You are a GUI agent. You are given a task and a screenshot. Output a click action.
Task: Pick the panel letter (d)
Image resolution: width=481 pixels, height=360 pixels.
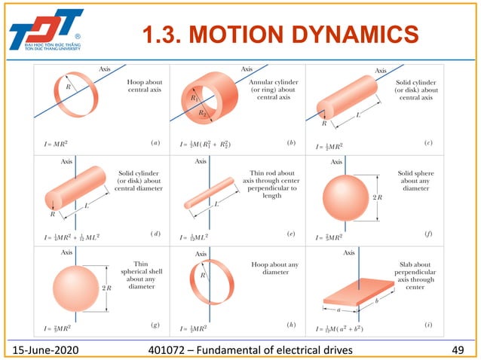pyautogui.click(x=156, y=235)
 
